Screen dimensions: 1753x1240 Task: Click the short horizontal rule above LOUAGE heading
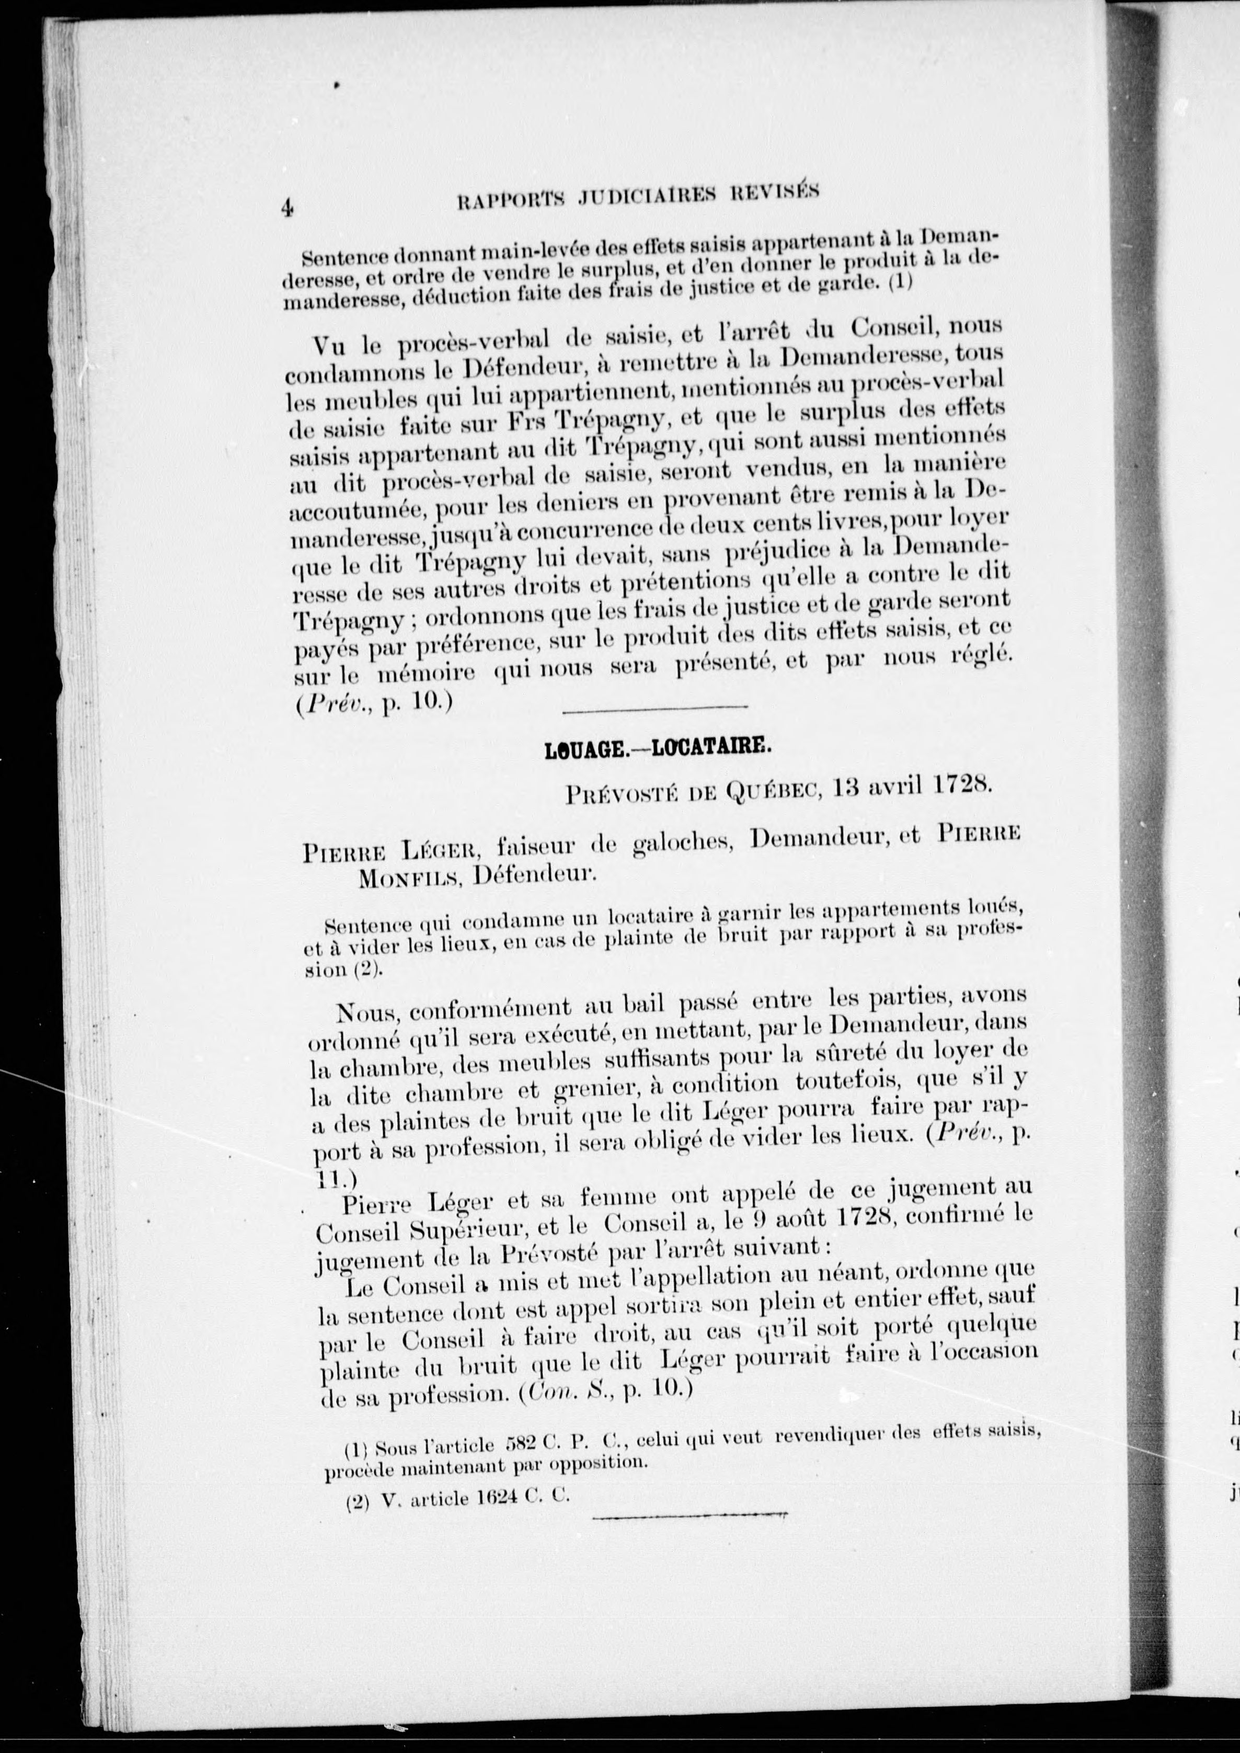point(655,710)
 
